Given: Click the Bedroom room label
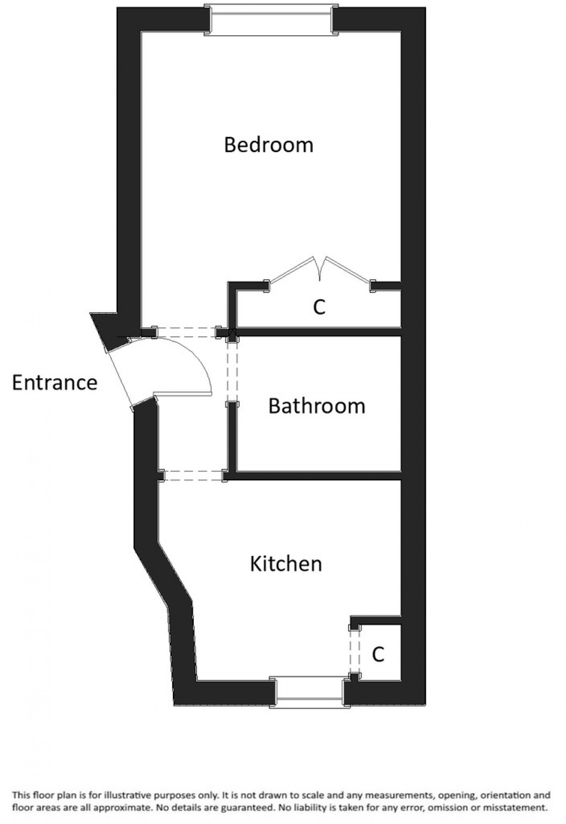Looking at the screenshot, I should click(269, 145).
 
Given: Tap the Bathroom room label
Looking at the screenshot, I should click(317, 407).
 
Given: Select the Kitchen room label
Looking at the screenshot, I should click(286, 564).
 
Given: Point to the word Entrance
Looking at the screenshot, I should click(55, 382).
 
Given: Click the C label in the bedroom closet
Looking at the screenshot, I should click(319, 308).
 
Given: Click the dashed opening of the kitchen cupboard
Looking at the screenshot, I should click(354, 654).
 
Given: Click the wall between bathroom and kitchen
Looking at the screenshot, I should click(317, 476).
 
